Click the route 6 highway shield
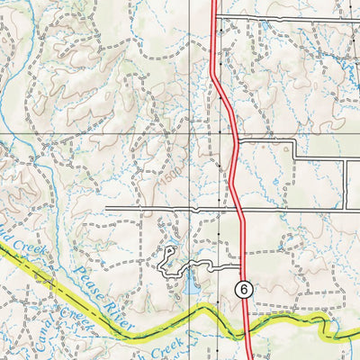point(242,289)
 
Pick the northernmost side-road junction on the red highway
point(215,17)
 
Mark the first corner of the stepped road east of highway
point(295,142)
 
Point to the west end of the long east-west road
point(106,209)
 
